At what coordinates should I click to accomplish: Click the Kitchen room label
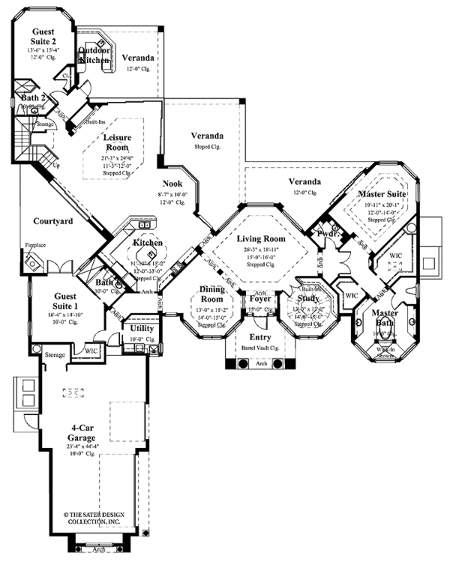pos(148,244)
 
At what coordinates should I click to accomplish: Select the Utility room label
pos(142,328)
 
